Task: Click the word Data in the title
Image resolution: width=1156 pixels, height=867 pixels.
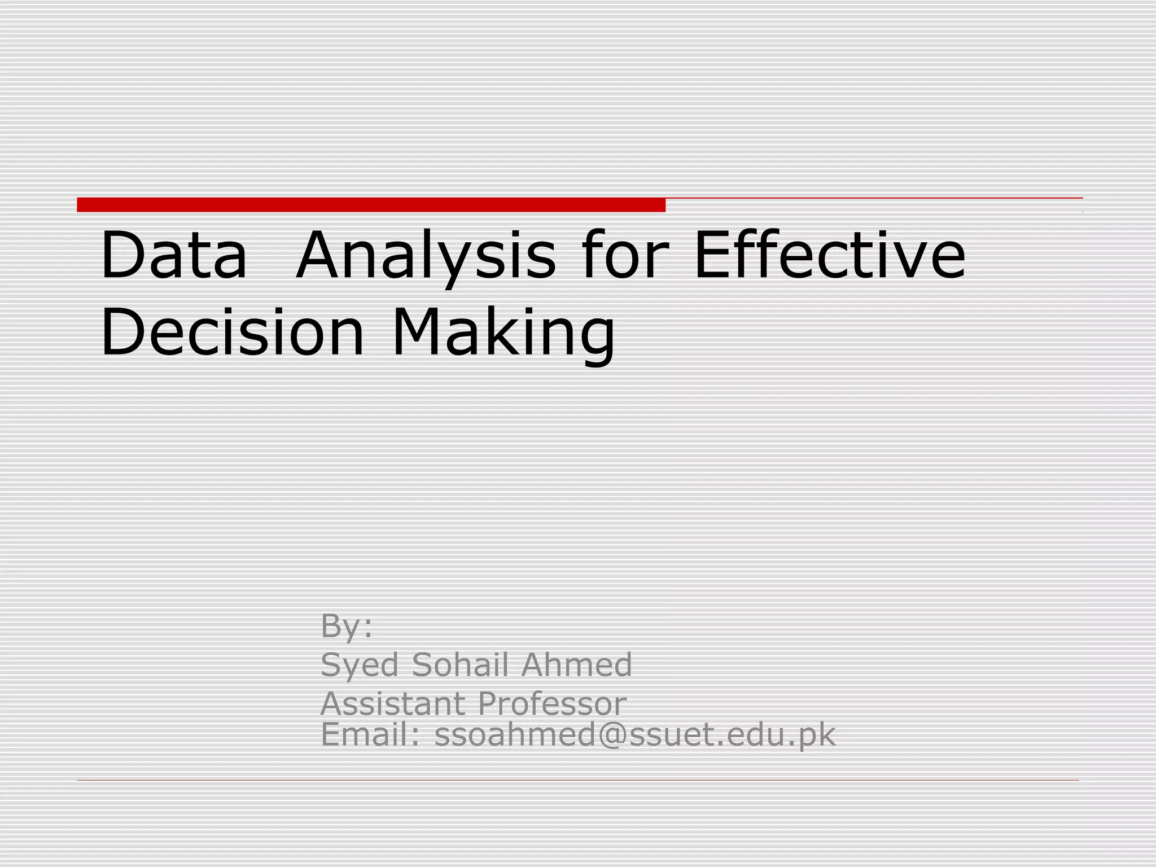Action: [x=174, y=255]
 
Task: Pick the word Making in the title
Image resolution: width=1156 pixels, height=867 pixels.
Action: [x=503, y=333]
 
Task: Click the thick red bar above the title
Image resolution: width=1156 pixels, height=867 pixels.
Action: [x=371, y=205]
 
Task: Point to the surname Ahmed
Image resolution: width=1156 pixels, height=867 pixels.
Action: [x=576, y=664]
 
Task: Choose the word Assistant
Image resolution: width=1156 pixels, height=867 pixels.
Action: [x=392, y=703]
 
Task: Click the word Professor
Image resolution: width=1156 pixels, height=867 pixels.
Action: [x=552, y=704]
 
